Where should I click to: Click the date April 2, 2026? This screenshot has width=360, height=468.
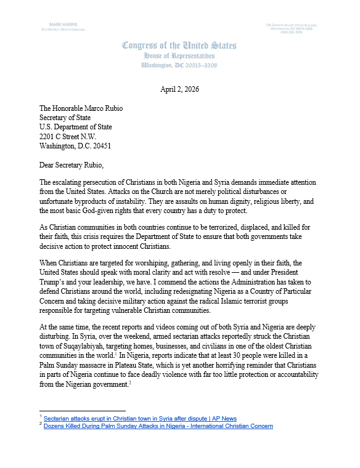point(179,89)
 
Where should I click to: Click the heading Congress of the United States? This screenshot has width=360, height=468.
point(179,46)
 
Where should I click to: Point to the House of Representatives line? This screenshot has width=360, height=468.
point(179,55)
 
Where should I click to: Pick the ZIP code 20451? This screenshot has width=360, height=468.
point(99,147)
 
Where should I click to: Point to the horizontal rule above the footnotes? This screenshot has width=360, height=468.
point(82,410)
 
